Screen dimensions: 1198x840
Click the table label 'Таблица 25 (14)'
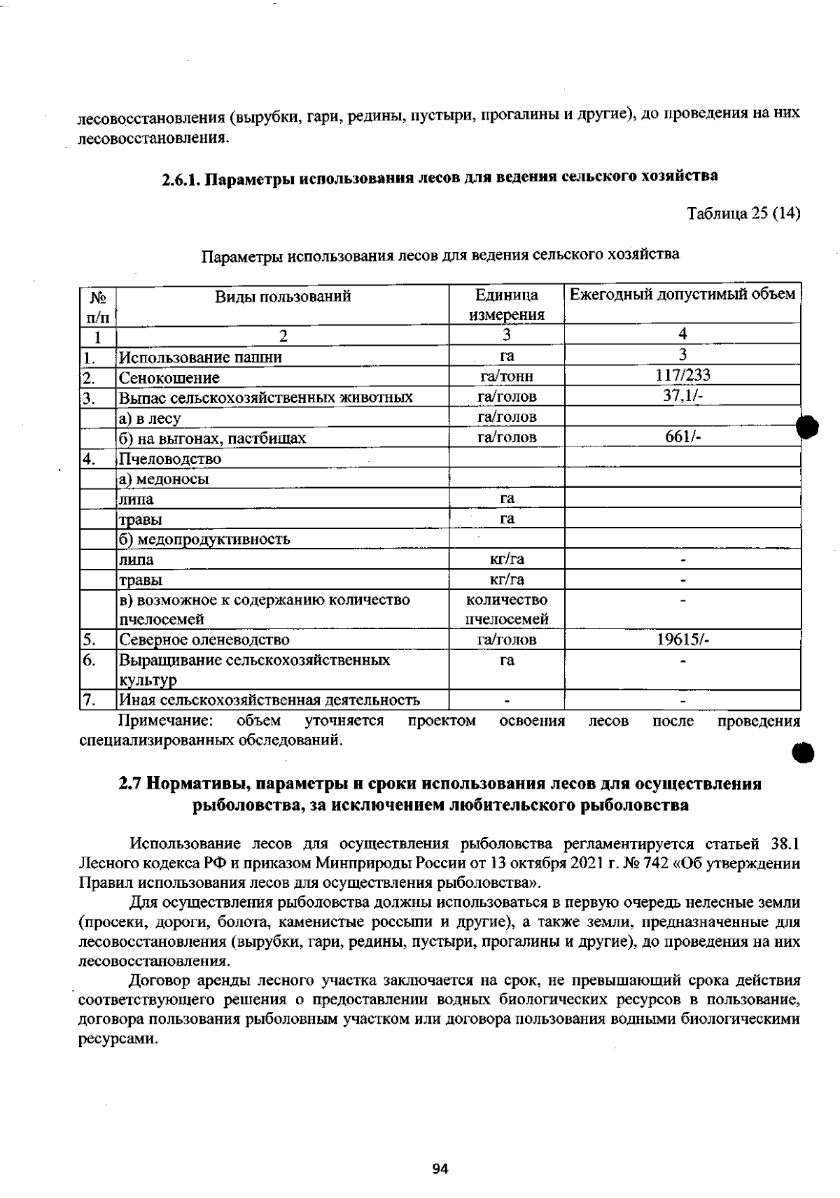743,213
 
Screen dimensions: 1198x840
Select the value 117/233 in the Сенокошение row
682,375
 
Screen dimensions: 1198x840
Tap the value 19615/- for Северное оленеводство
682,639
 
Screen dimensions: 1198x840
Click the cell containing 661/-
682,437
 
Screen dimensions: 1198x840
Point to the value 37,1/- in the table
682,395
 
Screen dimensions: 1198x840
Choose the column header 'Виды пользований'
282,296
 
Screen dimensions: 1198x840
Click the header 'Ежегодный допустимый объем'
682,295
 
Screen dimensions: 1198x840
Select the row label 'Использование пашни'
200,358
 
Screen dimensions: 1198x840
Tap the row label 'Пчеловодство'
170,459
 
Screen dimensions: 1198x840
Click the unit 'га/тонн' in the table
507,376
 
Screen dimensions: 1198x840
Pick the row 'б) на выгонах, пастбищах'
212,439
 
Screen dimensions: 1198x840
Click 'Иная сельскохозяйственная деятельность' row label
269,700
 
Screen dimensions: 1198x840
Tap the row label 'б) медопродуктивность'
204,540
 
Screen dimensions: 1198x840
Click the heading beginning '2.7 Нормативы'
440,784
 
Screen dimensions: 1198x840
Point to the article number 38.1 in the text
785,843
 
